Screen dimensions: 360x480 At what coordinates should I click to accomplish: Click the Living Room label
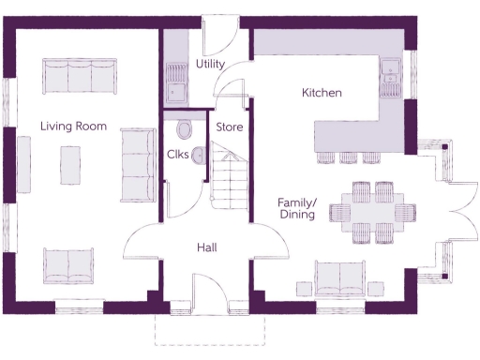tap(73, 126)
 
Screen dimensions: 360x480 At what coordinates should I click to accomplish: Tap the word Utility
tap(209, 64)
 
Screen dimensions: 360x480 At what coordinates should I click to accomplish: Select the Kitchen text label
tap(321, 93)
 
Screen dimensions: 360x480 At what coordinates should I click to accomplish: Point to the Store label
tap(230, 126)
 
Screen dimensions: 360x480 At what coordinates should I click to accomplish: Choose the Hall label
tap(207, 247)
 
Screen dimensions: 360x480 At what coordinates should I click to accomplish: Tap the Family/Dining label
tap(298, 208)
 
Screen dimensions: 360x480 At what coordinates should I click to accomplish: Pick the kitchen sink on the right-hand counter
tap(390, 75)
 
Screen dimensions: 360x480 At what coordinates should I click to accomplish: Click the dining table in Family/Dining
tap(372, 206)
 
